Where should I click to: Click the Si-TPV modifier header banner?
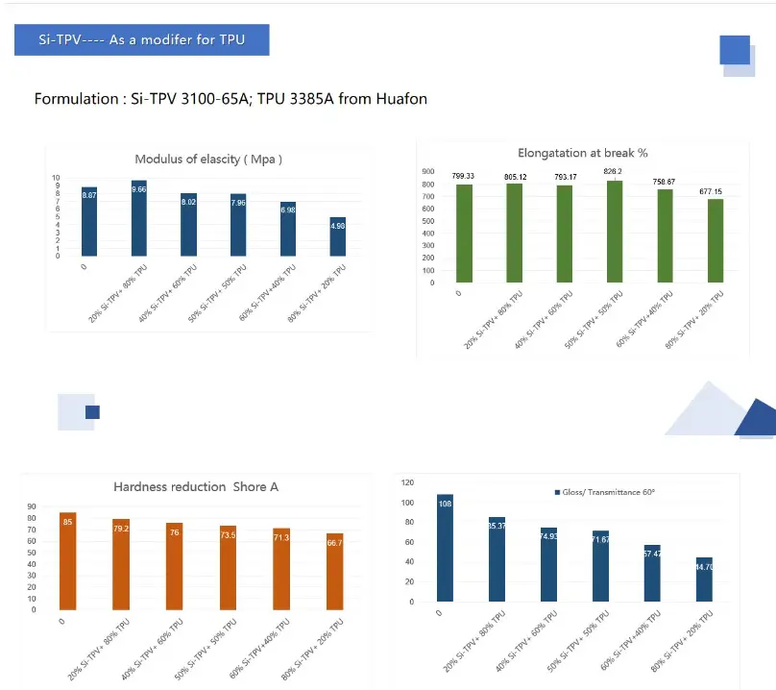point(141,40)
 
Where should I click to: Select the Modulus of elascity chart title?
point(208,159)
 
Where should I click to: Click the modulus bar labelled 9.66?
point(139,218)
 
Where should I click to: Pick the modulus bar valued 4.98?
point(338,236)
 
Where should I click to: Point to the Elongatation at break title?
point(582,152)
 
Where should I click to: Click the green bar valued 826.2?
point(613,232)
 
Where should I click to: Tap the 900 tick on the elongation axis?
point(429,171)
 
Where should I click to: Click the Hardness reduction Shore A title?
point(196,487)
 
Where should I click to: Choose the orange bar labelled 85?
point(67,561)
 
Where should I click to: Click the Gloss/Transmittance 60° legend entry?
point(604,492)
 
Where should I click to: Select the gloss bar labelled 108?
point(445,548)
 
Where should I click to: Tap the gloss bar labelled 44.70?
point(704,579)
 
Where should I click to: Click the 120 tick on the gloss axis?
point(407,482)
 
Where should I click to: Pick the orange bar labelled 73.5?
point(228,568)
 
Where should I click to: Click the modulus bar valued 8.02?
point(189,225)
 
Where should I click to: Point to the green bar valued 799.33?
point(464,234)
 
